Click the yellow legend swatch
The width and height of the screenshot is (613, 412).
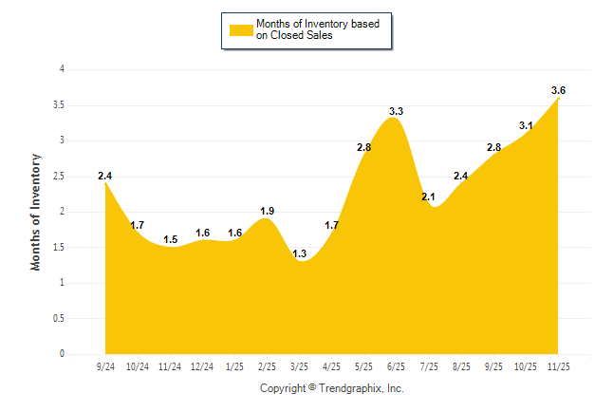241,29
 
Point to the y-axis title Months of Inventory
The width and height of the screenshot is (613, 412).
36,211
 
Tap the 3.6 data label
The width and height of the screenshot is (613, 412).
558,90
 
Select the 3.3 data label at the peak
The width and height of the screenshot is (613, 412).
397,112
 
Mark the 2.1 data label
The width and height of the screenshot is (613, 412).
428,197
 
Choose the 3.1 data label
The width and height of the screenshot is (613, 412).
526,125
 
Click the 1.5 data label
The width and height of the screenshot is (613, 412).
171,239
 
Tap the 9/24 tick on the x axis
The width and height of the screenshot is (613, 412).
105,365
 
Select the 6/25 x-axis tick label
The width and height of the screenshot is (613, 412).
397,365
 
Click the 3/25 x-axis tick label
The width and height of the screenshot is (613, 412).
299,365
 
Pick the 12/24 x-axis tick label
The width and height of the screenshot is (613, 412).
202,365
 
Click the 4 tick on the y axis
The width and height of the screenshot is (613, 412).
62,69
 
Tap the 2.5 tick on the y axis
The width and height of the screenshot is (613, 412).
59,177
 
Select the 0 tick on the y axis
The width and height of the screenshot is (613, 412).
62,354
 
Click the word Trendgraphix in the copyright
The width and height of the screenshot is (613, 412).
349,388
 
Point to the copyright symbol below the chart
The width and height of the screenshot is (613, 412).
312,387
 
